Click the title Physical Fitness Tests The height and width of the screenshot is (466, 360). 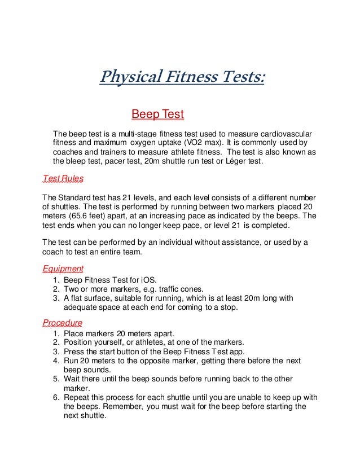(182, 77)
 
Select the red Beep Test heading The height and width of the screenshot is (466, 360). (157, 115)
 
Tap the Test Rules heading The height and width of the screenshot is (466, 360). (63, 179)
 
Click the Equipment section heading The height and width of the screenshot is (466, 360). (63, 269)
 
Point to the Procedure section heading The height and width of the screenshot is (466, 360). (63, 323)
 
